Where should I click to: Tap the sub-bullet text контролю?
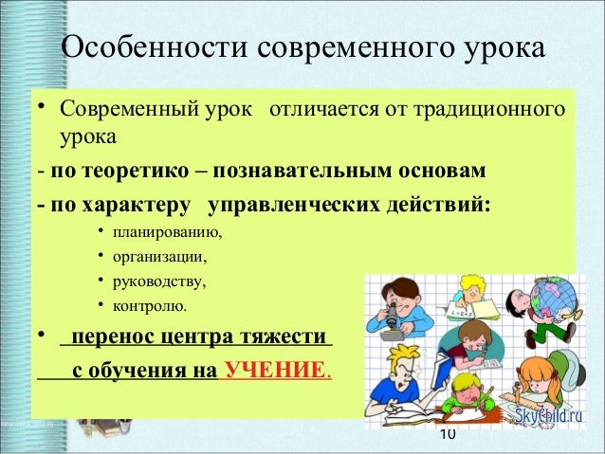pos(150,306)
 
